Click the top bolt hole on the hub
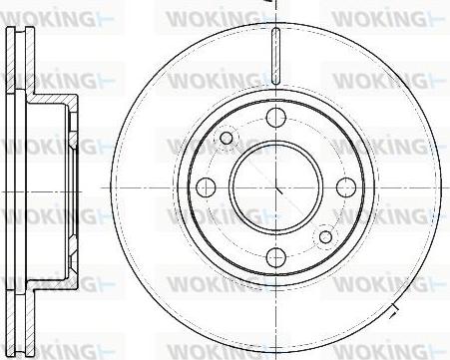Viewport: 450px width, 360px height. [x=276, y=118]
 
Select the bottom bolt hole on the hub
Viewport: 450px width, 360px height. [x=276, y=257]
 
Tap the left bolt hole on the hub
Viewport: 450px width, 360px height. [x=206, y=187]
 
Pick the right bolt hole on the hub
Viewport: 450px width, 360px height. [x=346, y=187]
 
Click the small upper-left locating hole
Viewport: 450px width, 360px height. [x=226, y=138]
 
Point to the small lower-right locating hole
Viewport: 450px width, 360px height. [x=325, y=236]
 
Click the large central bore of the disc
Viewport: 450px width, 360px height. [x=276, y=187]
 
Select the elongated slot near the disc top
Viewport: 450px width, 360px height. [x=276, y=56]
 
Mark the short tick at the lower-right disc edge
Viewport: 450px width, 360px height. [x=393, y=310]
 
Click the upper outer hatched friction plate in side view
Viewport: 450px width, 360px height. [x=11, y=59]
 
